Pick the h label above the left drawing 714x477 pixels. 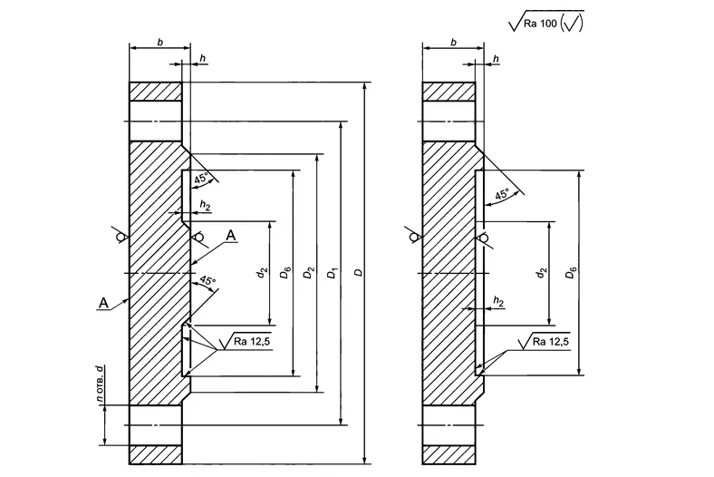[202, 58]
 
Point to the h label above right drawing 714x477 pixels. [496, 58]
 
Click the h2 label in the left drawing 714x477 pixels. [205, 206]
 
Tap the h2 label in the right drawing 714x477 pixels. [497, 299]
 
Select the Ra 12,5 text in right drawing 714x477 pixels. [550, 341]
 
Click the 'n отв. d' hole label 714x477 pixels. [101, 386]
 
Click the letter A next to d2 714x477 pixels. [231, 236]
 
